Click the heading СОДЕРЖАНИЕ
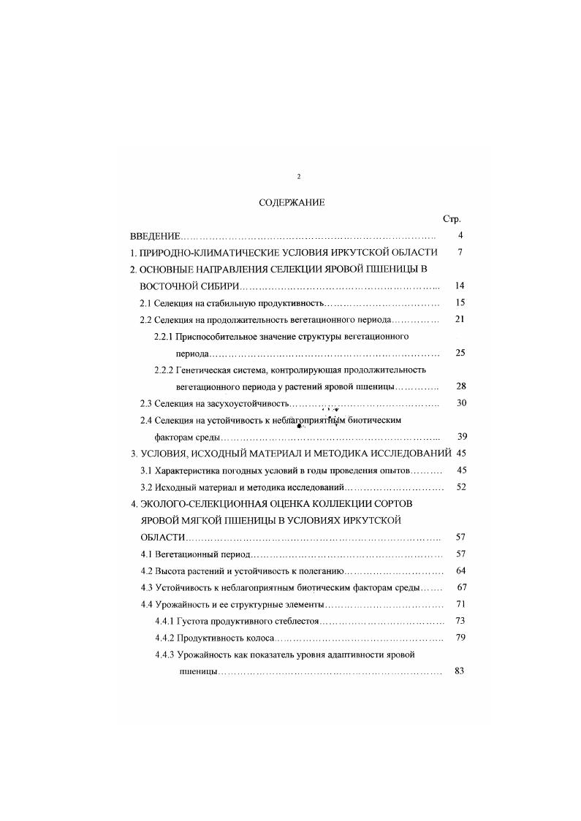(292, 202)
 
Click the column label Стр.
(451, 219)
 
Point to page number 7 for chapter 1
(460, 252)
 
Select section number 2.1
(145, 302)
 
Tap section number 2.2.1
(163, 337)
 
